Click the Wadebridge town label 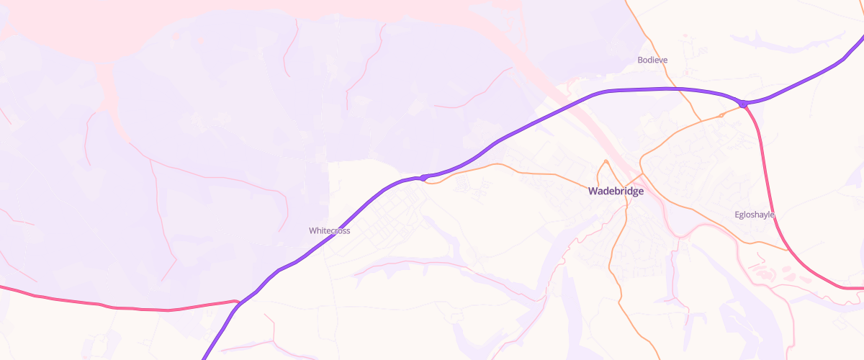click(616, 192)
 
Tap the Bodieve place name click(652, 60)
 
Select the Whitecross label click(329, 230)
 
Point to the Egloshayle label click(754, 215)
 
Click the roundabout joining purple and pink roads click(743, 104)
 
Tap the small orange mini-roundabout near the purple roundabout click(721, 115)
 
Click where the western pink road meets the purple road click(238, 302)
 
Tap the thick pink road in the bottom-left click(108, 307)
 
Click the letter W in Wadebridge click(593, 192)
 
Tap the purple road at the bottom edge click(206, 355)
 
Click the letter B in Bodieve click(640, 60)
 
